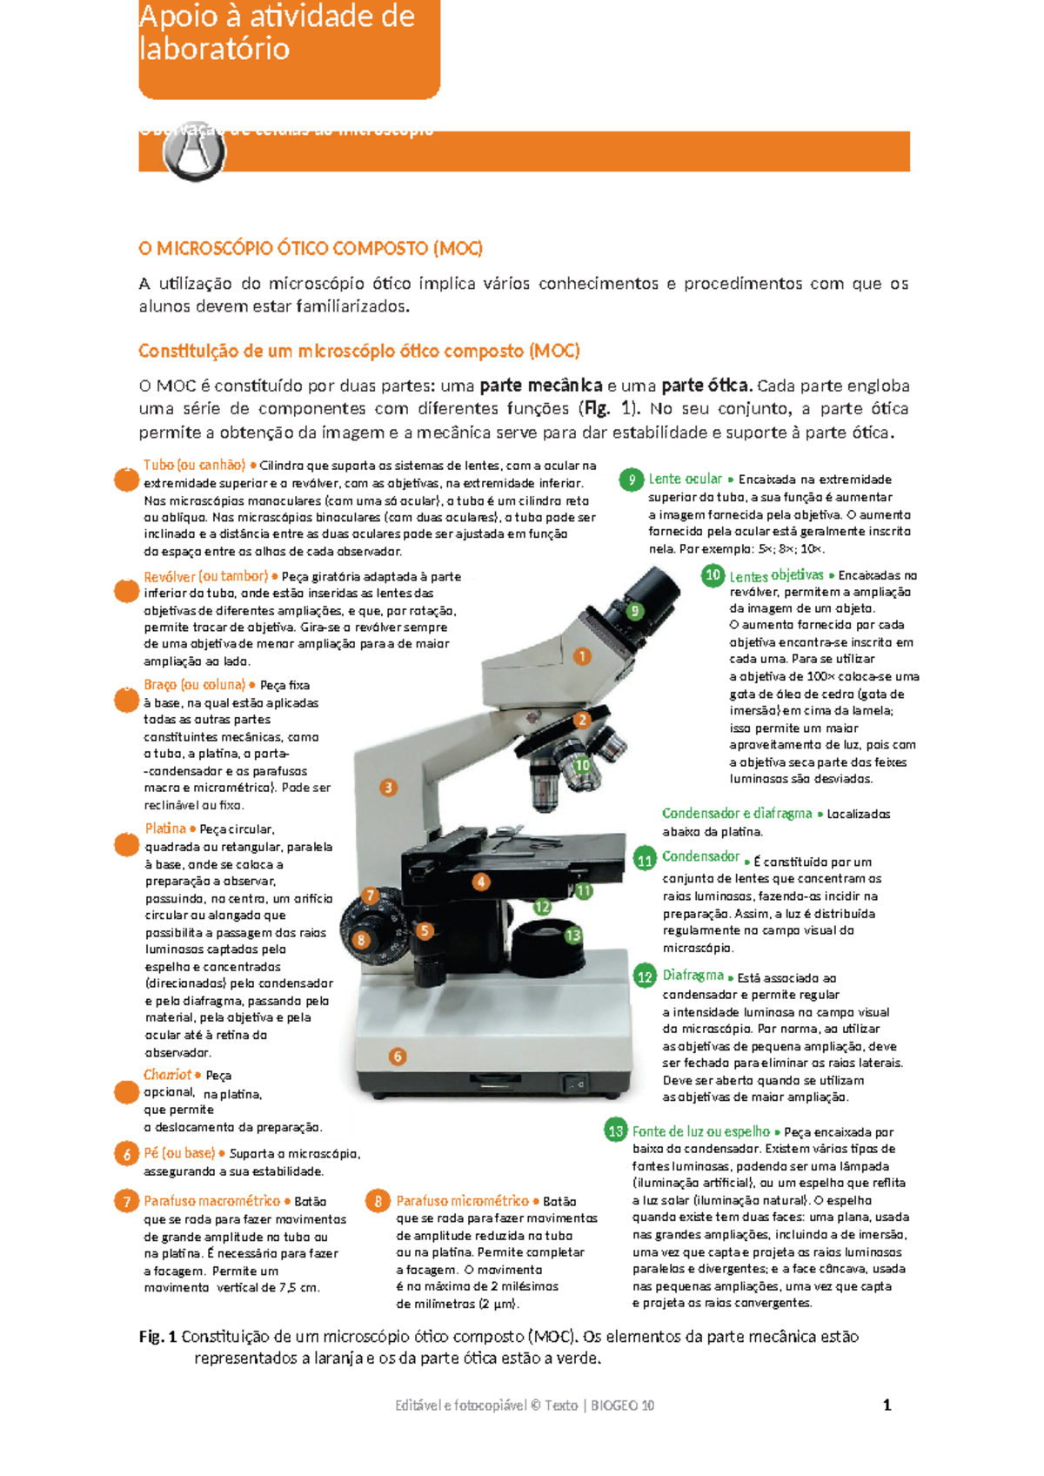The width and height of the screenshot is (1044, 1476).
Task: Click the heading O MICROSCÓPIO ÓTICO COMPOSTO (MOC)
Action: [x=311, y=249]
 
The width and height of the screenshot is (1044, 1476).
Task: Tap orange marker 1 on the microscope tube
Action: [x=582, y=656]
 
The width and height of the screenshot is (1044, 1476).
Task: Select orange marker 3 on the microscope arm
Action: [x=388, y=788]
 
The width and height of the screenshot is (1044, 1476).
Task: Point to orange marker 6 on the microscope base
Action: [x=398, y=1057]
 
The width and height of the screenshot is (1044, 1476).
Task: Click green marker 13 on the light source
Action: [x=572, y=936]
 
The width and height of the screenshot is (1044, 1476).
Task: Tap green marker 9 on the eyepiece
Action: [x=635, y=611]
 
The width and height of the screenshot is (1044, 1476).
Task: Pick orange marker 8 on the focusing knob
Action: [x=361, y=940]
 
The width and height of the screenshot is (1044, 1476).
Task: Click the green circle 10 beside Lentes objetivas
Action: [x=713, y=575]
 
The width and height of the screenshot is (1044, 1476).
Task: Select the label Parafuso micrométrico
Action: [x=462, y=1201]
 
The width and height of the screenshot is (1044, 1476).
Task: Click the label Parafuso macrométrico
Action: [x=212, y=1201]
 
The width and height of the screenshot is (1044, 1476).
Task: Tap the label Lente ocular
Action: [x=685, y=480]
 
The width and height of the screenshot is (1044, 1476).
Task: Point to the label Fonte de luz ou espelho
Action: [x=700, y=1131]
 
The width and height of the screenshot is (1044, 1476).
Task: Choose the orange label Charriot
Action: [x=167, y=1075]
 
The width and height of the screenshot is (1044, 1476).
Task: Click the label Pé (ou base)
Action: [x=179, y=1153]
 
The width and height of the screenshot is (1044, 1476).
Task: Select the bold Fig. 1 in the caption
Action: [x=157, y=1337]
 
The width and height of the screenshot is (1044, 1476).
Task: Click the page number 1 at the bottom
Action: [x=887, y=1405]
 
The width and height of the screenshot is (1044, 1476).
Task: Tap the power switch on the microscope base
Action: [x=573, y=1084]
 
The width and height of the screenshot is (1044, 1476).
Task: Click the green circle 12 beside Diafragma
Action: [x=645, y=976]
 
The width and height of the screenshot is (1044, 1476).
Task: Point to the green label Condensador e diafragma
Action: [x=737, y=814]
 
